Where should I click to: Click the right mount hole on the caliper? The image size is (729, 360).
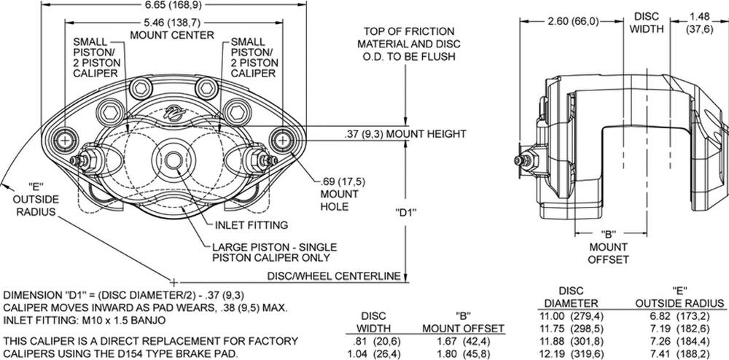point(280,138)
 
